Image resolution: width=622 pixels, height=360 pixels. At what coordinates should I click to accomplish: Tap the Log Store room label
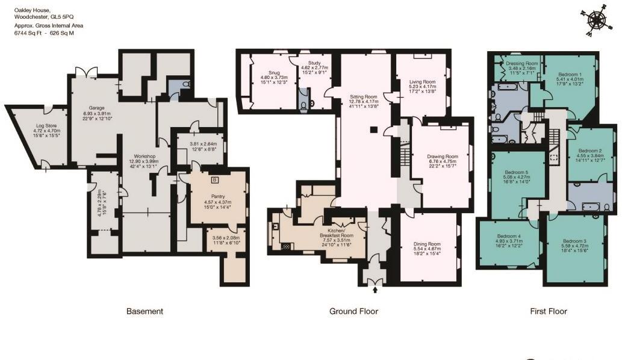46,126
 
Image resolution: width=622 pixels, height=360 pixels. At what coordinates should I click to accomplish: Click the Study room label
313,72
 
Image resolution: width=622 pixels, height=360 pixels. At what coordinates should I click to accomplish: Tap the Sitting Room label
363,96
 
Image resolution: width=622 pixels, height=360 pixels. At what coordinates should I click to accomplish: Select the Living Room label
422,82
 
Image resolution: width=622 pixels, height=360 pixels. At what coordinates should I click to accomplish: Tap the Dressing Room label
522,63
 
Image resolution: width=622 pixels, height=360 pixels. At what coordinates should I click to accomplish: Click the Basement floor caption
145,311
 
